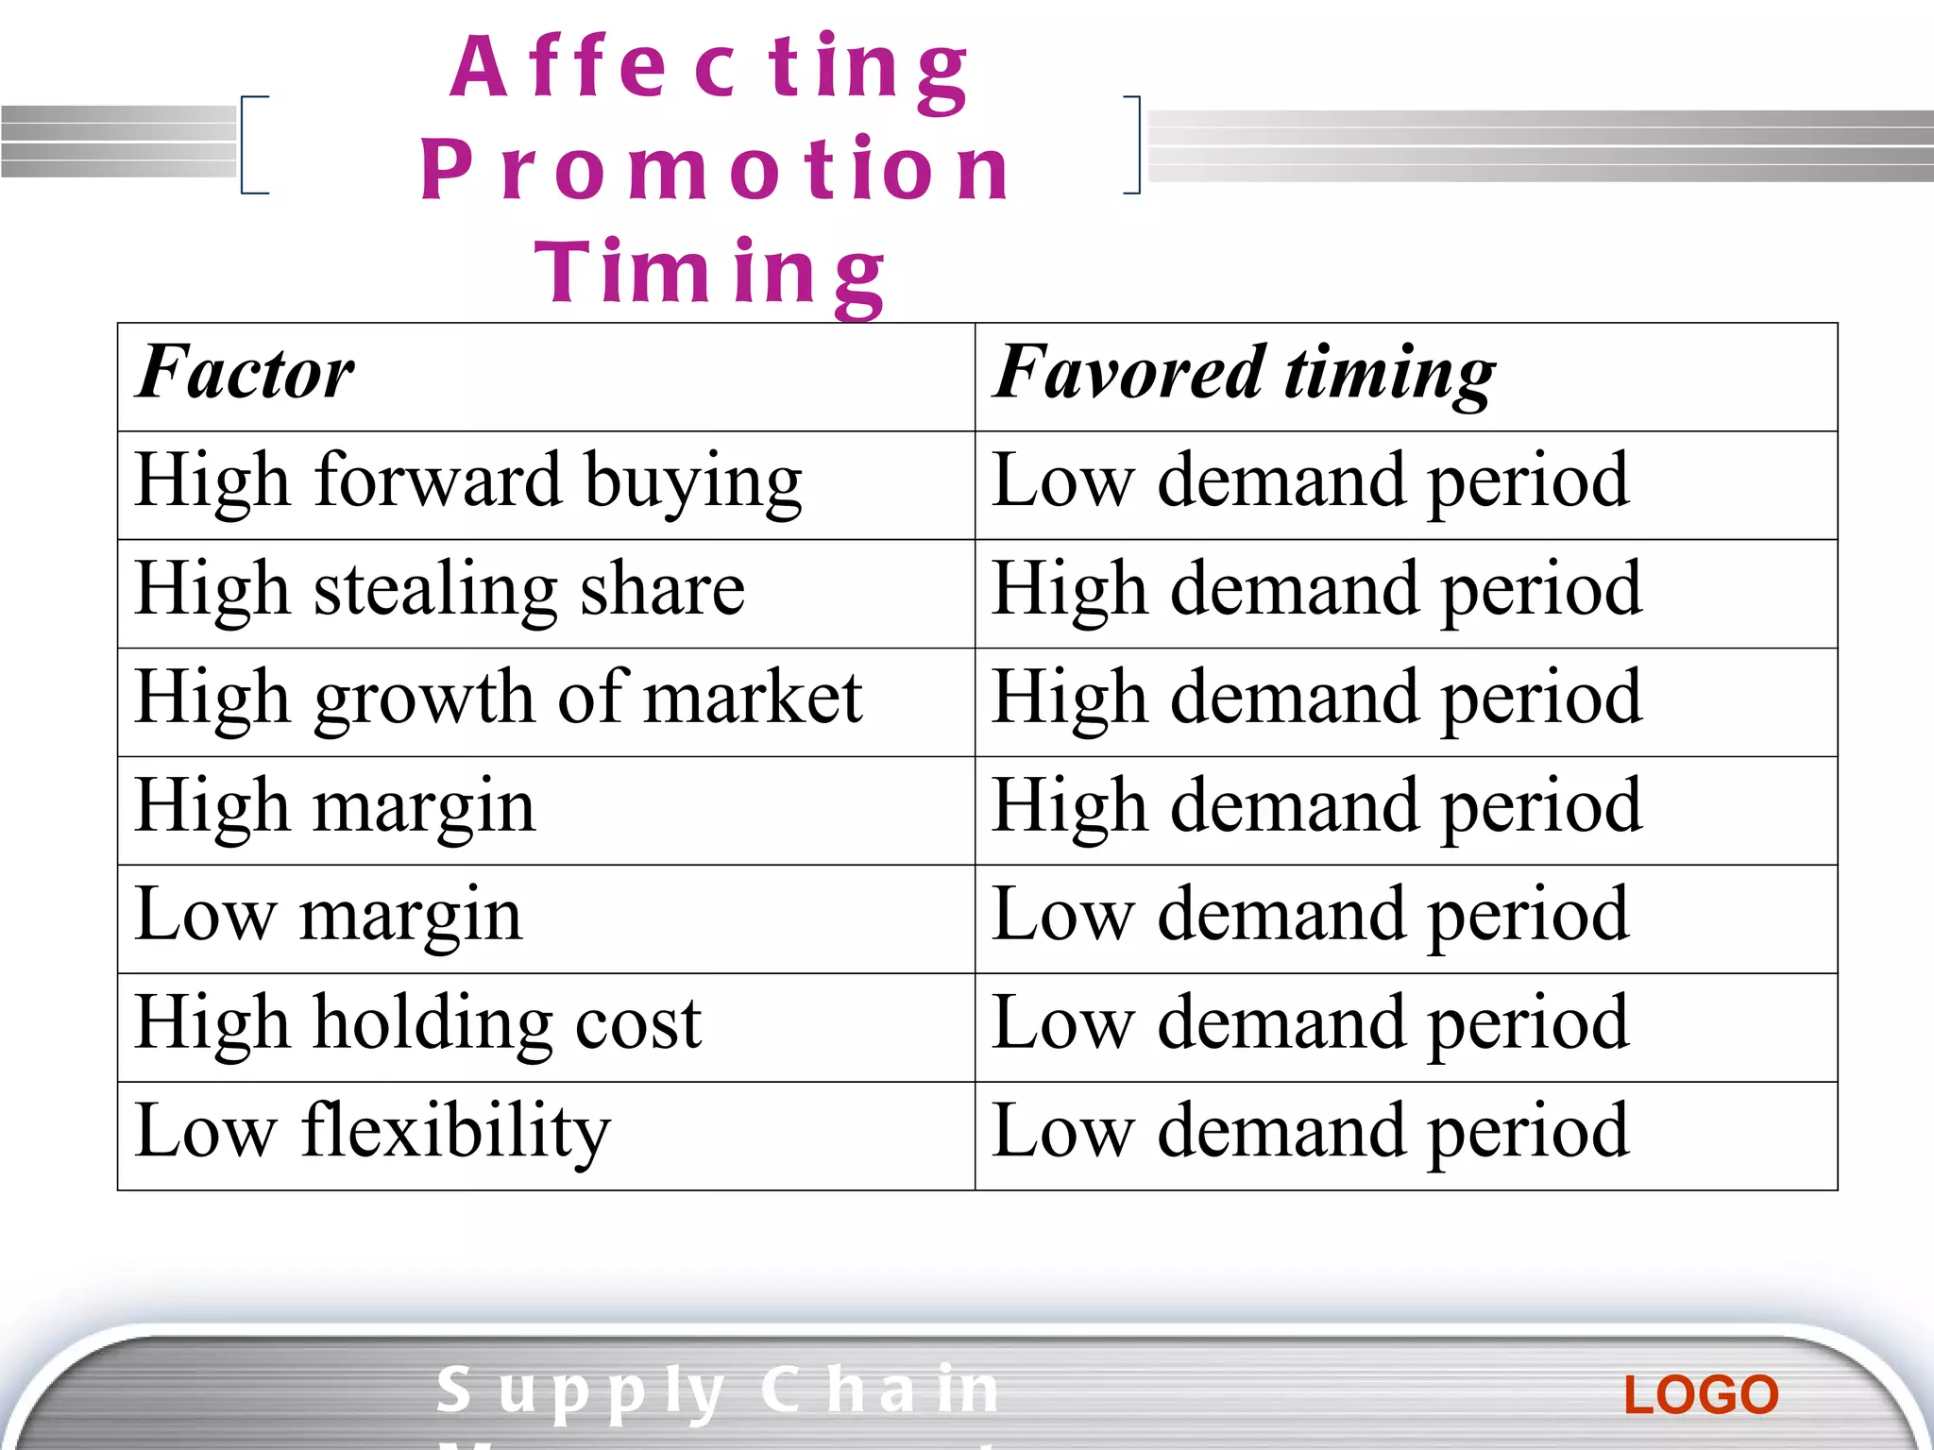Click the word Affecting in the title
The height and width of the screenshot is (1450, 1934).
(709, 68)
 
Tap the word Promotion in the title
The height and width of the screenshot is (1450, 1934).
(715, 170)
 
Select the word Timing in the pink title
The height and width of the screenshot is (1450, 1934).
(709, 273)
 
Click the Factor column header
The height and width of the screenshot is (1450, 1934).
(245, 374)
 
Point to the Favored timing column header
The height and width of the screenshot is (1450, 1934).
(1244, 374)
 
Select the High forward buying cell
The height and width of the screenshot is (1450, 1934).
(468, 482)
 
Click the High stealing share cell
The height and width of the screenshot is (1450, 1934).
(440, 591)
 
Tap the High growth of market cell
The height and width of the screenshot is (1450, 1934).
(499, 700)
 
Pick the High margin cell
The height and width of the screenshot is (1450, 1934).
(335, 808)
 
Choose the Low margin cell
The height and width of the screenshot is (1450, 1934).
(329, 917)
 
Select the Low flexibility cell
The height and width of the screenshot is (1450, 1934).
(373, 1133)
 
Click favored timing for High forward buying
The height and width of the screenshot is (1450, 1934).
(1311, 482)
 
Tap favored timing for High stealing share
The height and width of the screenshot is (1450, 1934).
(1317, 591)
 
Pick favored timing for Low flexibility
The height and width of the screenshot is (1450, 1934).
(1311, 1133)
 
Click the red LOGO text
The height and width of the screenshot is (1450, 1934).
(1701, 1395)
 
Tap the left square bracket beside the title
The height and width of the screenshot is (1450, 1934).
(253, 144)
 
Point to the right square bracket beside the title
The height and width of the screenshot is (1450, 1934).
(1132, 144)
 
